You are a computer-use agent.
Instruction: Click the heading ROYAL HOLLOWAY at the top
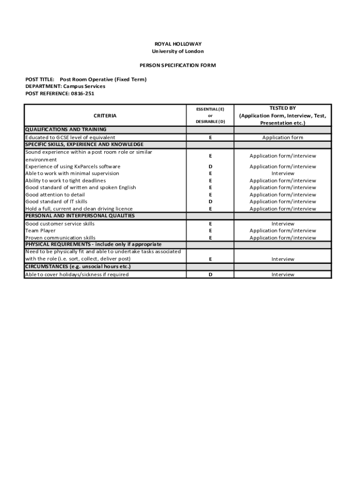178,44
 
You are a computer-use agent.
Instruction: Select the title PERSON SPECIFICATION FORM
178,65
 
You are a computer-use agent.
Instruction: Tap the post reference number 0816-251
83,94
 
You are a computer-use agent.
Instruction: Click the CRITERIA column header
105,116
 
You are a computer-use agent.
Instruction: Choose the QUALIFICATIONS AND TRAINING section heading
66,130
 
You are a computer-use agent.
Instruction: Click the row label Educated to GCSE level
70,138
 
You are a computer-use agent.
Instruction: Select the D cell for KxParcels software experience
210,167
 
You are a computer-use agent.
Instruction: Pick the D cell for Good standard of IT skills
210,202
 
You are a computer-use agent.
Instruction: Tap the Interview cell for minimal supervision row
283,174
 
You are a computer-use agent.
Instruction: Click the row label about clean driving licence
79,209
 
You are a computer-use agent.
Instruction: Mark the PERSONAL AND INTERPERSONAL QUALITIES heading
80,216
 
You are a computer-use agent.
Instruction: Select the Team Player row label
40,231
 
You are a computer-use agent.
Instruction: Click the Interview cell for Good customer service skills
283,224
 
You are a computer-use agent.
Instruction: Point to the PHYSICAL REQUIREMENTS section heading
94,245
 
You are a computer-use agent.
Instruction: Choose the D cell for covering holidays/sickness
210,275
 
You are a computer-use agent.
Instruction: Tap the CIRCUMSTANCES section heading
78,267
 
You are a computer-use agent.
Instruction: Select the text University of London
178,51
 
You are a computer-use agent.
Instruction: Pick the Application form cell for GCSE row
283,138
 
